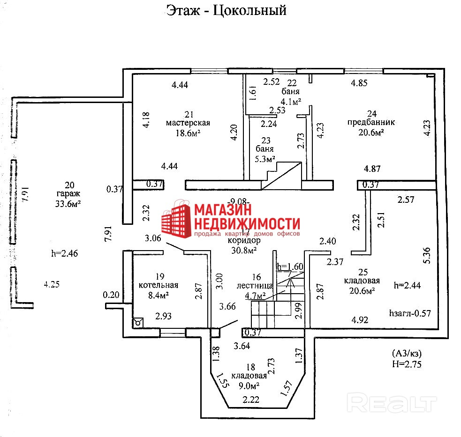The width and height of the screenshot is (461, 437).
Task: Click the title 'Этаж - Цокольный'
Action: (x=226, y=10)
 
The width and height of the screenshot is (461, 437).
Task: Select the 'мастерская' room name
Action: (x=188, y=123)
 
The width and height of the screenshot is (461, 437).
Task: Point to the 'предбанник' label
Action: (x=371, y=122)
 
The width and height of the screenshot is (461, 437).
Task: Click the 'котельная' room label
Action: (x=159, y=285)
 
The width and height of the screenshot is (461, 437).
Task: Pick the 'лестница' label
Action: (x=256, y=285)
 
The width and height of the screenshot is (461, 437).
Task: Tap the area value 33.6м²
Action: (x=68, y=203)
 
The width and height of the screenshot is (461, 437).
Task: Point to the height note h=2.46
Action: (x=64, y=253)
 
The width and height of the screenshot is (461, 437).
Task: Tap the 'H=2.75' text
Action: (x=407, y=364)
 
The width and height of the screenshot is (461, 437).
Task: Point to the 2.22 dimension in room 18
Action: (x=251, y=400)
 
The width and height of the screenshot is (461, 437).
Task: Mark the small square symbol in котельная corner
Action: (x=139, y=322)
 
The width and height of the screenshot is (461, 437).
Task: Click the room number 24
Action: (x=372, y=113)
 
